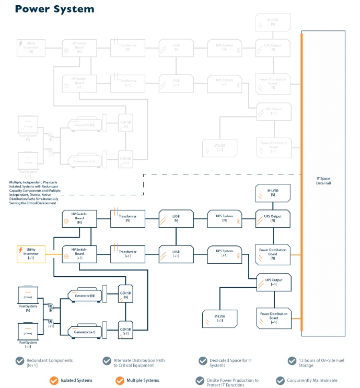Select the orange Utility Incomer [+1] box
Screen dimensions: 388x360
point(31,254)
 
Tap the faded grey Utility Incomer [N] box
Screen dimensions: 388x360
point(31,46)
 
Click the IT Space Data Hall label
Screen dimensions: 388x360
point(323,181)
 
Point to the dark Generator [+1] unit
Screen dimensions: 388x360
point(86,332)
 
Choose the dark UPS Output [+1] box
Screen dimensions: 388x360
point(273,282)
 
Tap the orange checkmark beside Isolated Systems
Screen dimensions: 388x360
point(53,380)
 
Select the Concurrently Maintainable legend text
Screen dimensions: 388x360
point(313,380)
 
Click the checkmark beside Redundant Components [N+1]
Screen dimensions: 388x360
point(20,361)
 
